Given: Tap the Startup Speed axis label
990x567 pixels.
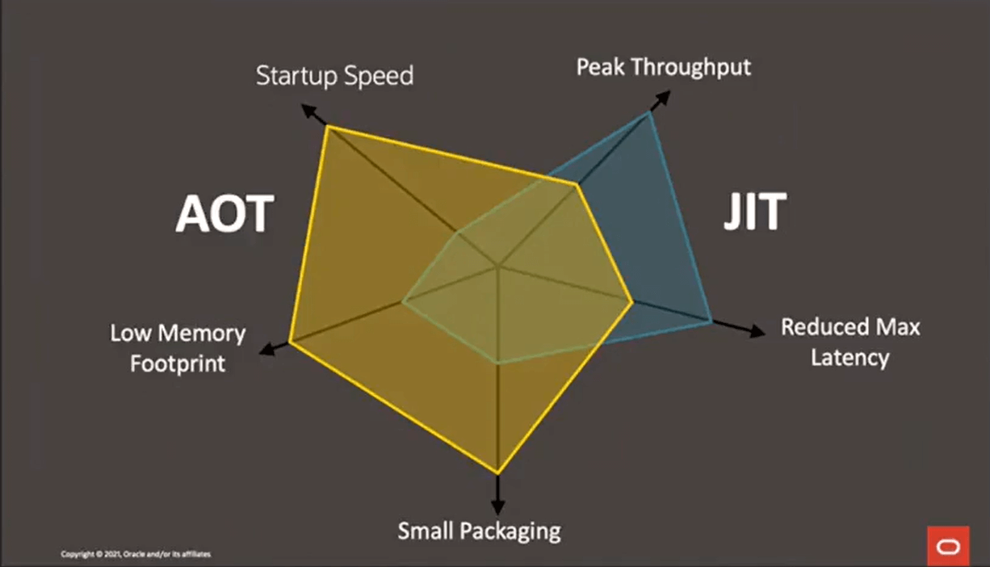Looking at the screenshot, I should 334,76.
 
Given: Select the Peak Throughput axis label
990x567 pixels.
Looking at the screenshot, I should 663,67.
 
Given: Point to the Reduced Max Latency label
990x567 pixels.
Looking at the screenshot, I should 850,342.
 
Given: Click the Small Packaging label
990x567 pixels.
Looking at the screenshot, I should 479,531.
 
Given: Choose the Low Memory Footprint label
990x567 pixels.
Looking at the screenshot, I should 178,347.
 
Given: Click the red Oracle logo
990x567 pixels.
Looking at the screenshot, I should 948,547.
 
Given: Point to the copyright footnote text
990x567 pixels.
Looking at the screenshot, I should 136,554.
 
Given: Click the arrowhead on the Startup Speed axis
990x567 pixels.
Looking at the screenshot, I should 307,109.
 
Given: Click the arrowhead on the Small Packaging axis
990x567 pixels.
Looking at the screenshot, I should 497,506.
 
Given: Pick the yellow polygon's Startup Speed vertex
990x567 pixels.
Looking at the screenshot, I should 326,127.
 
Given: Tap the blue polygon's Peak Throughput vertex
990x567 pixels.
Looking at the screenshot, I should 648,114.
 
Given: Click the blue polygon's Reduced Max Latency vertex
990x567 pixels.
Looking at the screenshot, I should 711,321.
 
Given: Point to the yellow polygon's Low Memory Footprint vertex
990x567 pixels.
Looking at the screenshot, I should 290,342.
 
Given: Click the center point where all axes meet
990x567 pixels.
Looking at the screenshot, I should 498,265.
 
